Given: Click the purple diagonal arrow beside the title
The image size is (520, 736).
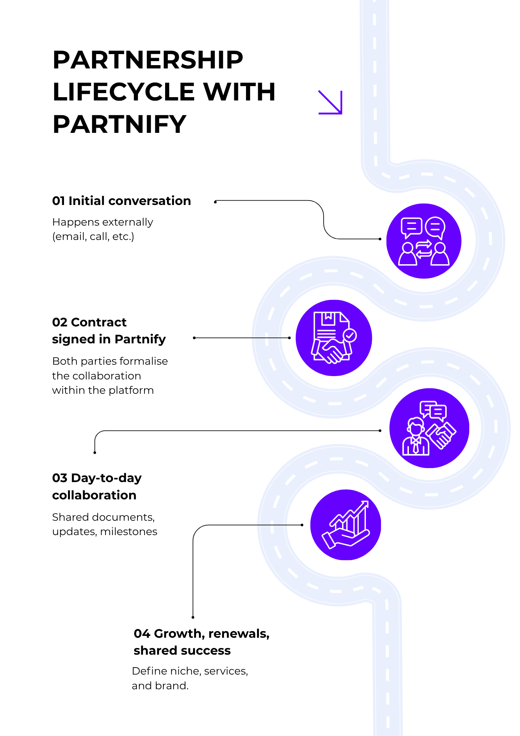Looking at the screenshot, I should click(330, 102).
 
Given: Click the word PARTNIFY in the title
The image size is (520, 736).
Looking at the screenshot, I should click(120, 124).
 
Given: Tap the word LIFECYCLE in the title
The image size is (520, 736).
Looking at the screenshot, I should click(124, 92).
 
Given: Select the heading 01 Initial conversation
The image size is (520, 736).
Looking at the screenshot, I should click(121, 201).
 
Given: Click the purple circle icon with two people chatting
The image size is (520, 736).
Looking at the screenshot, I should click(424, 241).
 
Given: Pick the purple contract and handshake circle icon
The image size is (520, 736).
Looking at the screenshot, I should click(334, 338).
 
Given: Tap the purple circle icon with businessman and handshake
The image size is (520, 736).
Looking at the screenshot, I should click(429, 428).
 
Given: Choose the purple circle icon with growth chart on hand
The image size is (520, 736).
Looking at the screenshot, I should click(345, 525).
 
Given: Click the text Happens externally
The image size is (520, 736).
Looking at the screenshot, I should click(103, 222).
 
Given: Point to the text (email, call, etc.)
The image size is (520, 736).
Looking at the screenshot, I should click(93, 237).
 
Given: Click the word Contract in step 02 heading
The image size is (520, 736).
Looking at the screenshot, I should click(99, 322).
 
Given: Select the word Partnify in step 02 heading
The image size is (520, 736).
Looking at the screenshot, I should click(140, 339).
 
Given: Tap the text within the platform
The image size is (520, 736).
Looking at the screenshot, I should click(103, 390).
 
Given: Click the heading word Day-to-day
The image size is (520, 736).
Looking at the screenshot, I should click(106, 478).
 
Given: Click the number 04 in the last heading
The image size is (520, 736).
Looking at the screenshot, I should click(142, 634).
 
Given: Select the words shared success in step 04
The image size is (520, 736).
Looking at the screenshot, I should click(182, 651).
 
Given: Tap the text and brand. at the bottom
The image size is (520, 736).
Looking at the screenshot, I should click(160, 686).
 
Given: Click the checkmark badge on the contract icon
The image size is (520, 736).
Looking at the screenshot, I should click(349, 335).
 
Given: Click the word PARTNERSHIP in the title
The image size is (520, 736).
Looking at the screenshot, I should click(148, 60).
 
